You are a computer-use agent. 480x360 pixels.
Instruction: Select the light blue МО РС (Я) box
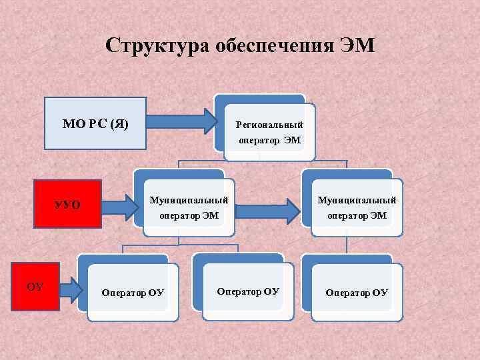pyautogui.click(x=95, y=123)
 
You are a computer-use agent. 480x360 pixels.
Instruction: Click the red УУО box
pyautogui.click(x=67, y=204)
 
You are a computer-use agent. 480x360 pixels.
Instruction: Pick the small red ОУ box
pyautogui.click(x=35, y=287)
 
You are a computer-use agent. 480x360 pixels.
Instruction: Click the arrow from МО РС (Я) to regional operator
pyautogui.click(x=181, y=121)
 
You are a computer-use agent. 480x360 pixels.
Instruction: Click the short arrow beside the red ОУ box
pyautogui.click(x=69, y=289)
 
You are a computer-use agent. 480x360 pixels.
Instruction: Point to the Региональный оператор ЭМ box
pyautogui.click(x=269, y=132)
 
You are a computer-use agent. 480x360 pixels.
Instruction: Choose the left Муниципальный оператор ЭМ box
pyautogui.click(x=189, y=207)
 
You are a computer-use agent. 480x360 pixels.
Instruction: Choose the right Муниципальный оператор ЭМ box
pyautogui.click(x=357, y=207)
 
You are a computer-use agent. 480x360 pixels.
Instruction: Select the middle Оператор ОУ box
pyautogui.click(x=248, y=291)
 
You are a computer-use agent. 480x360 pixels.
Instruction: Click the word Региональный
pyautogui.click(x=269, y=125)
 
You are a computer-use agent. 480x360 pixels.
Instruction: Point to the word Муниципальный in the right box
pyautogui.click(x=357, y=200)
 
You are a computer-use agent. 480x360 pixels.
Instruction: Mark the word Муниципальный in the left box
pyautogui.click(x=189, y=200)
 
